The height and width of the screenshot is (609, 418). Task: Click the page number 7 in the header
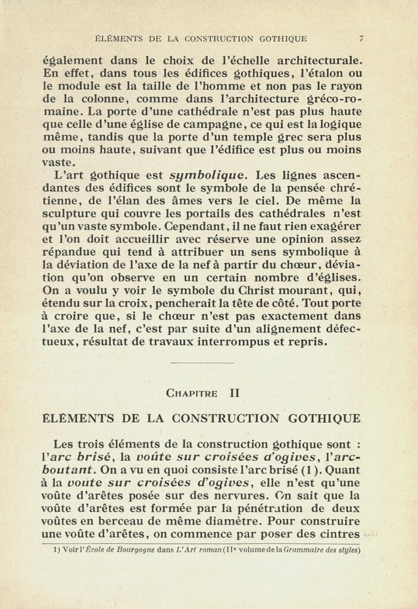[361, 39]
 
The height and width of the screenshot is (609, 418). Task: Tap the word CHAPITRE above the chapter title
[192, 393]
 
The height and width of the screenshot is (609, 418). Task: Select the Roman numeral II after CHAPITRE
[235, 393]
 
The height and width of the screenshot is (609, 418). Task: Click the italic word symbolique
[207, 175]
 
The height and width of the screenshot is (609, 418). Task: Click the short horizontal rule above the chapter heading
[202, 362]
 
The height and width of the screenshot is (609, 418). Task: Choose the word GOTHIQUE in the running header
[283, 39]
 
